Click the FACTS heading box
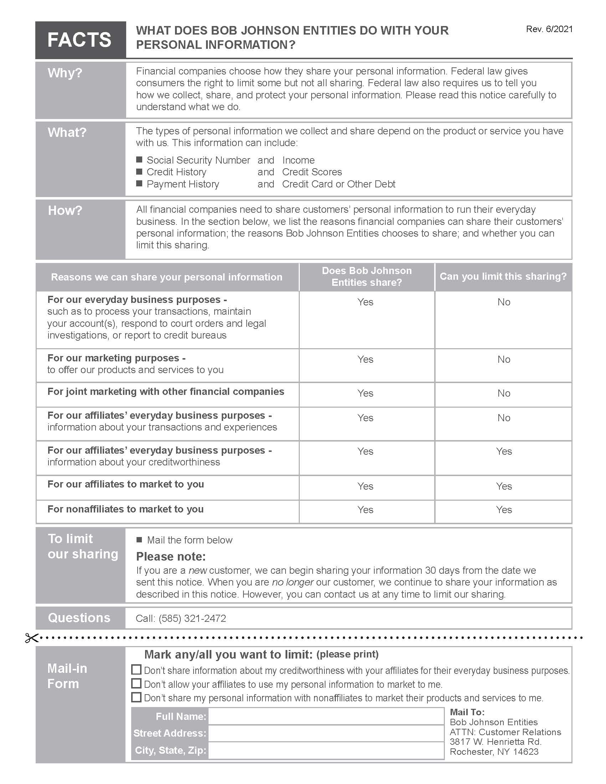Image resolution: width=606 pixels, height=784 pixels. [81, 40]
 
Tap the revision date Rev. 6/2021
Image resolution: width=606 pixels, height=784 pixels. [549, 29]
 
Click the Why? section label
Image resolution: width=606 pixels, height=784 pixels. [65, 73]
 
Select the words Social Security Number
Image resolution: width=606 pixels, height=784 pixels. [198, 160]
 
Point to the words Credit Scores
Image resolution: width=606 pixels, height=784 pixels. [312, 172]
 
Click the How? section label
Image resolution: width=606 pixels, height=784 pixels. [65, 210]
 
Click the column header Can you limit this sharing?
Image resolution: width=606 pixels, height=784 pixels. [503, 277]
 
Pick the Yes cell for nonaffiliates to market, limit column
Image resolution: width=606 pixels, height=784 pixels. [504, 510]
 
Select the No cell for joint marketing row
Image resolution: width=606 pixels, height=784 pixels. [504, 393]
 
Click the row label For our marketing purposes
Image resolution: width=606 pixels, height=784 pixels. [116, 358]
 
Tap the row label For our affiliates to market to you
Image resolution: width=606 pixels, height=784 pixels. [125, 484]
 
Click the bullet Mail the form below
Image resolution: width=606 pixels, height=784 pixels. [190, 540]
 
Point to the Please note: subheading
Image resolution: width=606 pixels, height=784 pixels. [171, 557]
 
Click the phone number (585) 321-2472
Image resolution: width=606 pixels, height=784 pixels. [192, 619]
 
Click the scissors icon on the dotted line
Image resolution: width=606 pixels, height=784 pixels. [31, 638]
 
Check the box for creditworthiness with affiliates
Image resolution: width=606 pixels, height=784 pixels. [137, 670]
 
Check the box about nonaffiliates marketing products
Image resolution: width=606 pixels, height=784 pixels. [137, 697]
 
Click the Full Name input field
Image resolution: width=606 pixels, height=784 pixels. [326, 717]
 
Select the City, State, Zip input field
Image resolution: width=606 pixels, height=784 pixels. [326, 751]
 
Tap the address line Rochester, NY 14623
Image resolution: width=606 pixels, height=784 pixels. [494, 752]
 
